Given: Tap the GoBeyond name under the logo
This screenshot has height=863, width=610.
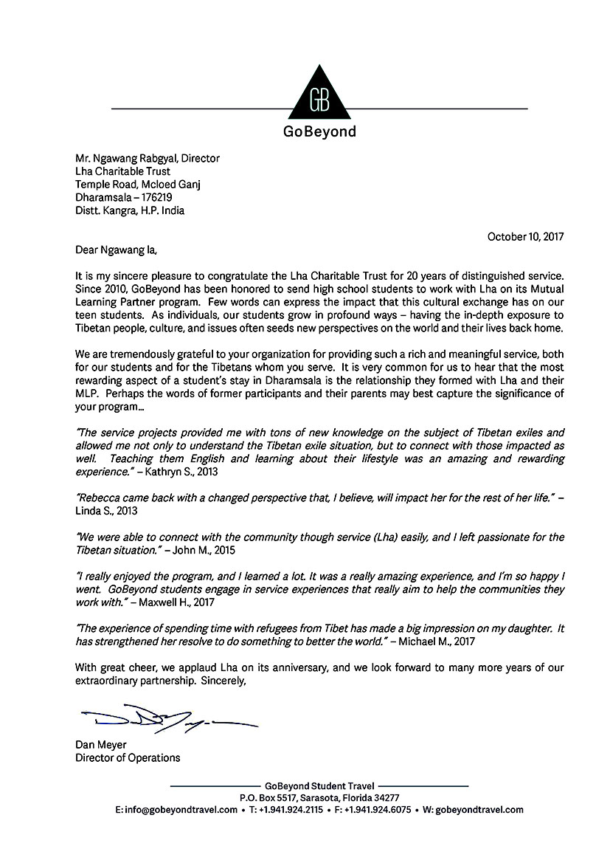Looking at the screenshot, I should coord(319,133).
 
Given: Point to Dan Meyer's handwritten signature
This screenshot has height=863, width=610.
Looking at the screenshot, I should coord(166,718).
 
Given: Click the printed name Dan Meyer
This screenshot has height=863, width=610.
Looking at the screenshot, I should coord(102,745).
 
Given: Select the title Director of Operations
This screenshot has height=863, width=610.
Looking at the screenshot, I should coord(128,758).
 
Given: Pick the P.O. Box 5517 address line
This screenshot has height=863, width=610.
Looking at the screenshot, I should coord(319,797).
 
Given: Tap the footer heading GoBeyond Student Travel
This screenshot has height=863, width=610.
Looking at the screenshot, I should coord(319,785).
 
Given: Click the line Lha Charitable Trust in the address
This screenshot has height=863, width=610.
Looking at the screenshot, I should coord(123,171).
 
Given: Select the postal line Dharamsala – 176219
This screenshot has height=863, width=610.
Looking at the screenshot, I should coord(122,197).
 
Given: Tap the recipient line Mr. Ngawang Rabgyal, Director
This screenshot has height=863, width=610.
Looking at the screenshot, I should coord(148,158).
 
